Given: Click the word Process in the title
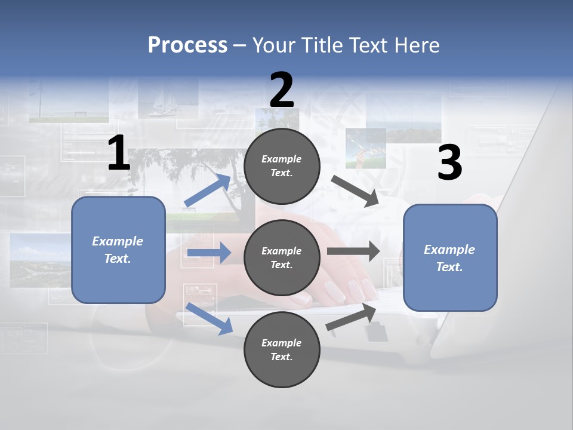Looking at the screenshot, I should pos(187,45).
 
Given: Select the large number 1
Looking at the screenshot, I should pos(119,153).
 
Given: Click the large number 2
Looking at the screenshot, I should pos(282,90).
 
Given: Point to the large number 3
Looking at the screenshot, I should pos(449,163).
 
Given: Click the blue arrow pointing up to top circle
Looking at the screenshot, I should pos(208,191).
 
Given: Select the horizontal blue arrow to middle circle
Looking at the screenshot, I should pos(209,253).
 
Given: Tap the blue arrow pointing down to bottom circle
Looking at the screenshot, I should pos(210,318).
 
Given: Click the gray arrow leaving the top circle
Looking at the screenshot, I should pos(355,191).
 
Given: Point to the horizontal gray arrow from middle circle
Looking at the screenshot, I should pos(353,251).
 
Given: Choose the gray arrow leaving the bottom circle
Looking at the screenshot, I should pos(351,317).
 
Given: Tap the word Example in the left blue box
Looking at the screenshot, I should pos(118,241).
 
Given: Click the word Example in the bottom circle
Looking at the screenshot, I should pos(281,343).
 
